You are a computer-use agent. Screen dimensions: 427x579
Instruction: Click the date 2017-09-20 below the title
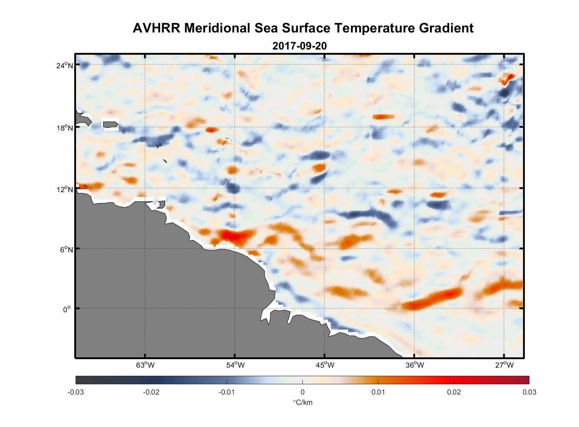tap(299, 46)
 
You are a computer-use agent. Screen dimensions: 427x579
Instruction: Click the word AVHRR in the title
tap(156, 28)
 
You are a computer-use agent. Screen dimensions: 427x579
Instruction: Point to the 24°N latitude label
tap(64, 65)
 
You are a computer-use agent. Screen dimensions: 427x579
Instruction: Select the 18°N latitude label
tap(64, 128)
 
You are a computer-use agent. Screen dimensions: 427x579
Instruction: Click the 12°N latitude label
tap(64, 189)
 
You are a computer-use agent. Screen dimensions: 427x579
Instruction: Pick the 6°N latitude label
tap(66, 249)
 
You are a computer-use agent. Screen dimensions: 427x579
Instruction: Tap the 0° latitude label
tap(67, 309)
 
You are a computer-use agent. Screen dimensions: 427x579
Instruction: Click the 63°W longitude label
tap(145, 365)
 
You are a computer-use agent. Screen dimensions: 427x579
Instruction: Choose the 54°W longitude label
tap(235, 365)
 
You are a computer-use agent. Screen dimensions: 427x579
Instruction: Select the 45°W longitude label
tap(325, 365)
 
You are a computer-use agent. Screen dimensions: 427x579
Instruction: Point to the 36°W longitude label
tap(415, 365)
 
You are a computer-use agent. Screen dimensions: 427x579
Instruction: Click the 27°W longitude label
tap(504, 365)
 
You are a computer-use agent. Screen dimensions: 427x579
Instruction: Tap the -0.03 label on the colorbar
tap(76, 392)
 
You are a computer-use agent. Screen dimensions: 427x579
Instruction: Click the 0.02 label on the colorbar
tap(454, 392)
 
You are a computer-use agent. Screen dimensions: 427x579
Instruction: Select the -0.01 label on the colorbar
tap(227, 392)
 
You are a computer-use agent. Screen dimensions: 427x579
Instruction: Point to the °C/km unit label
tap(302, 402)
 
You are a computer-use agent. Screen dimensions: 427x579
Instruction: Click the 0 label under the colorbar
tap(302, 392)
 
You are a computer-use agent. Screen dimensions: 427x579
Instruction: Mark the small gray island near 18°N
tap(110, 125)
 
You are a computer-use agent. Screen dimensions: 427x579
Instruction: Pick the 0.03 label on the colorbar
tap(529, 392)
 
